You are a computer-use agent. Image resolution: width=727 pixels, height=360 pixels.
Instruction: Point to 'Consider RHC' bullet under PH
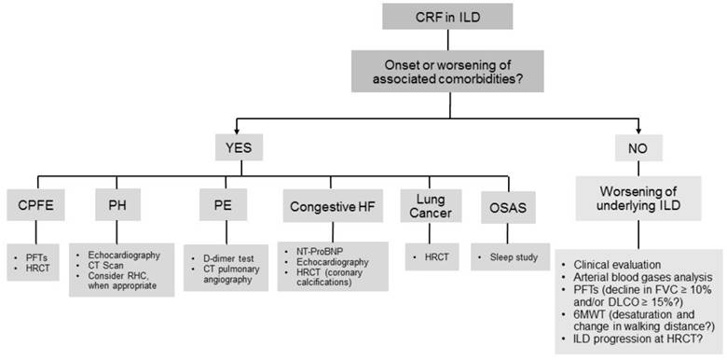coord(120,279)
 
